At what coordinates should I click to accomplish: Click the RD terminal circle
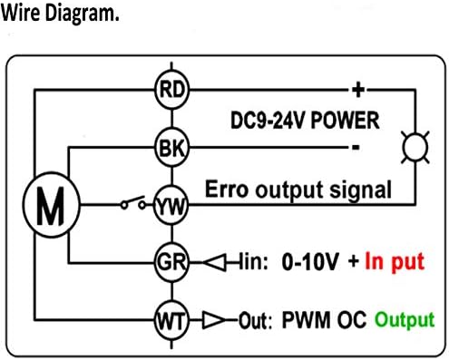point(171,90)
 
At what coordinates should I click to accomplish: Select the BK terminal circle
point(171,147)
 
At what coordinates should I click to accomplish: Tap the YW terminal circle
point(171,205)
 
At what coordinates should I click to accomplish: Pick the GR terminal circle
point(171,262)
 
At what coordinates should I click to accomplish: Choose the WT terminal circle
point(171,320)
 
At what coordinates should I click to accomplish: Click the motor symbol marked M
point(52,205)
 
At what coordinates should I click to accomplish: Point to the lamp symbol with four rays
point(415,148)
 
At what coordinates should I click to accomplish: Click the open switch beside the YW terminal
point(133,203)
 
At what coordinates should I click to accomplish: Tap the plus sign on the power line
point(358,90)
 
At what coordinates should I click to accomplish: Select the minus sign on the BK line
point(356,147)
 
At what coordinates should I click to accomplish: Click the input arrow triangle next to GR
point(214,262)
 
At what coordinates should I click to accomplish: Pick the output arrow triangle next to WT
point(213,320)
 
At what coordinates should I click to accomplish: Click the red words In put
point(395,262)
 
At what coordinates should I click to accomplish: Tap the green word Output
point(405,320)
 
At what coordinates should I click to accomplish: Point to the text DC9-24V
point(268,121)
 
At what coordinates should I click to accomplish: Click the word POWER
point(345,121)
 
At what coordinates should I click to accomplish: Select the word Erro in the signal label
point(227,190)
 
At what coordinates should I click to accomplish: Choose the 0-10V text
point(310,261)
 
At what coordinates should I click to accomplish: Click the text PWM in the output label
point(306,320)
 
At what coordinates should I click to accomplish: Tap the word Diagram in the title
point(82,14)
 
